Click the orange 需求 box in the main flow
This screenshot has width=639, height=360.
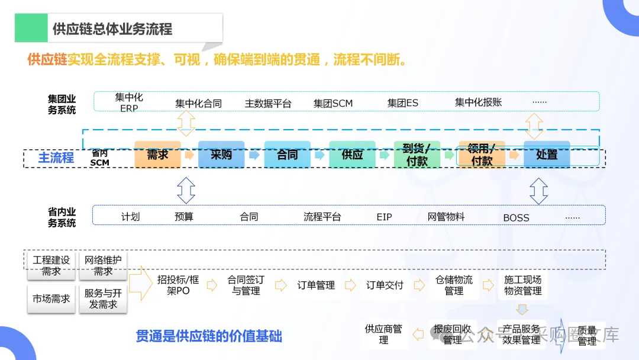pos(157,155)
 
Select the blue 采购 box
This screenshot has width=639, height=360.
pos(221,155)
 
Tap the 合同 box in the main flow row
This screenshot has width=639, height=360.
pos(287,155)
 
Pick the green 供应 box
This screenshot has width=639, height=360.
pos(352,155)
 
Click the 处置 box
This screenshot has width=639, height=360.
pos(547,155)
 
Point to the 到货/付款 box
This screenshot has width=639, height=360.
pos(417,155)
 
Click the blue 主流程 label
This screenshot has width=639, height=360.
pos(56,157)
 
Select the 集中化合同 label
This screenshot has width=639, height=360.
pos(198,104)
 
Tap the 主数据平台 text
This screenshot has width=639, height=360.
pos(268,104)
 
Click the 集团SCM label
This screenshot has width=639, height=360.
pos(333,104)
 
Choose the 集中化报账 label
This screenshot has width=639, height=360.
pos(478,102)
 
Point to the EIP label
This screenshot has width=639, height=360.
pos(385,217)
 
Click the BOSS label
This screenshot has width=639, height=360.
pos(516,218)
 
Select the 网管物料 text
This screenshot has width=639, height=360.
pos(446,217)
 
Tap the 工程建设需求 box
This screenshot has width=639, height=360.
pos(51,265)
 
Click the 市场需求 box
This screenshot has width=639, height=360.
pos(51,298)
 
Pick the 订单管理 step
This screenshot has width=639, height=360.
pos(316,285)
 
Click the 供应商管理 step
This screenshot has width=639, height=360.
pos(383,334)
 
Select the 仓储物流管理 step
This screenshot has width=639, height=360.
pos(454,285)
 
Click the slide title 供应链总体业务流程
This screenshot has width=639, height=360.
pos(112,28)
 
